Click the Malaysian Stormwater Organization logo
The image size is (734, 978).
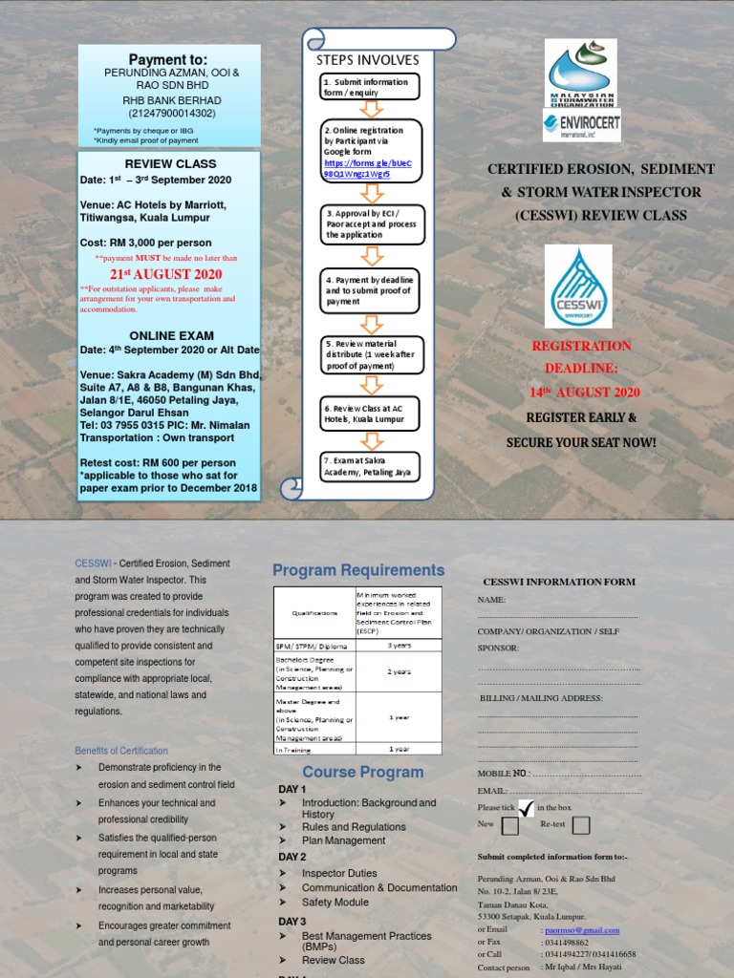click(x=581, y=73)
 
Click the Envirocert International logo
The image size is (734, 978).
click(x=581, y=125)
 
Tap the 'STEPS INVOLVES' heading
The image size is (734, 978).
click(x=368, y=60)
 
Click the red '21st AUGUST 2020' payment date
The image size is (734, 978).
click(x=166, y=274)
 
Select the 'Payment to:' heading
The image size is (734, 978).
click(x=168, y=59)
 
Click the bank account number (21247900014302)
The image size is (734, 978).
click(x=168, y=113)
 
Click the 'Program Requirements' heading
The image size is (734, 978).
click(x=358, y=570)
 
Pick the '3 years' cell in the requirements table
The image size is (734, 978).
click(x=399, y=645)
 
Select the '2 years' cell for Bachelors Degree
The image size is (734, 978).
click(x=399, y=671)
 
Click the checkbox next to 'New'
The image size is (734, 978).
click(x=510, y=826)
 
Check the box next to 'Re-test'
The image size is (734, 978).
click(x=581, y=826)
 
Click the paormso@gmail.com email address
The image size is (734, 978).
click(x=581, y=929)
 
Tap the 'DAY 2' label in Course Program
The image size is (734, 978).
click(x=292, y=857)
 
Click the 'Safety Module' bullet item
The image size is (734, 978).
click(x=335, y=902)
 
